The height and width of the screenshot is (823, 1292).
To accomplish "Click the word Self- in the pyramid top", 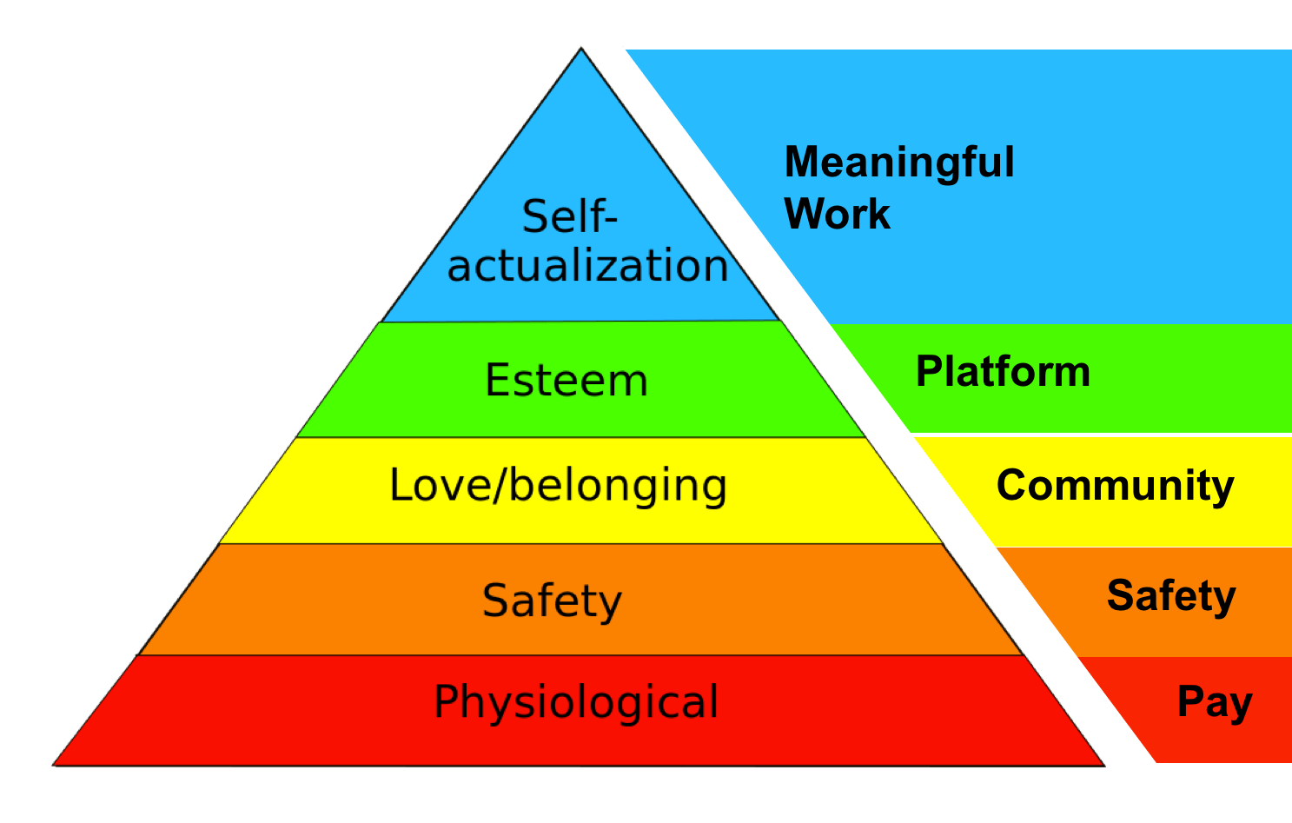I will (569, 216).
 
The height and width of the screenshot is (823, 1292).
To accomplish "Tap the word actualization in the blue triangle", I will (587, 266).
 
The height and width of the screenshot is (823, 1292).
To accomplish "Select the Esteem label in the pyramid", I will (566, 381).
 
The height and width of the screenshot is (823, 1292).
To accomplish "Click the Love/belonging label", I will (558, 486).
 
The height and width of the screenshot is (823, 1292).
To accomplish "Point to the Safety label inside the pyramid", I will (553, 601).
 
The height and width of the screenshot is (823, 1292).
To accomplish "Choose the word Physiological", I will (576, 702).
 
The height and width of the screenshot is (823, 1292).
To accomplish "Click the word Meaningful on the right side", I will (899, 163).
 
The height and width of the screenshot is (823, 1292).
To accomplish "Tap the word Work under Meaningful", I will (837, 214).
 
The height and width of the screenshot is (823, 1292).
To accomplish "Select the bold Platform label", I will (1003, 372).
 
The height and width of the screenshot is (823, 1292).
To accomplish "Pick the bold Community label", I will (1115, 486).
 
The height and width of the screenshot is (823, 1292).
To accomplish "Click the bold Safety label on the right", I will (1170, 596).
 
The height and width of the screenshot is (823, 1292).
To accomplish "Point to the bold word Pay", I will (1214, 702).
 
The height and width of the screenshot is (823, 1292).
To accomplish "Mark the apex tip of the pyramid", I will (581, 49).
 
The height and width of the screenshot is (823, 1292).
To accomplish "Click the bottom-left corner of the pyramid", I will (55, 764).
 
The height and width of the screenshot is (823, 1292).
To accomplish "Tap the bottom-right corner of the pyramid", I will (1103, 764).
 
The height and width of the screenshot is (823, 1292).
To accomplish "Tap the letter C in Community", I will (1012, 485).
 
